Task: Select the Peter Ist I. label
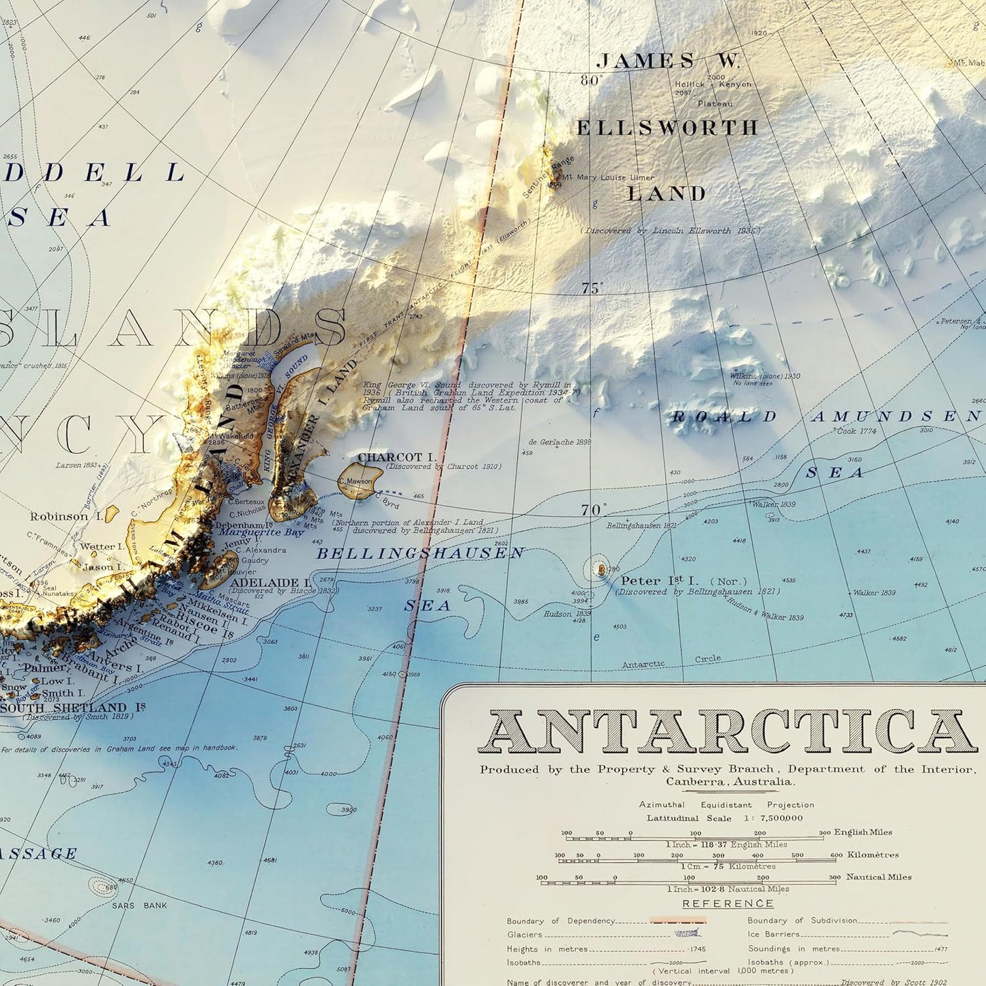pyautogui.click(x=659, y=581)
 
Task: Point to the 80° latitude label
pyautogui.click(x=592, y=81)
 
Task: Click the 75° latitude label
pyautogui.click(x=592, y=289)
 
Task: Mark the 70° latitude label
pyautogui.click(x=593, y=510)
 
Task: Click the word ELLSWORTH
pyautogui.click(x=667, y=128)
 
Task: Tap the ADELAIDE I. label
pyautogui.click(x=270, y=583)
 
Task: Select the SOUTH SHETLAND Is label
pyautogui.click(x=72, y=708)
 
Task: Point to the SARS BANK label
pyautogui.click(x=141, y=905)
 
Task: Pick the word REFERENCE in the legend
pyautogui.click(x=727, y=903)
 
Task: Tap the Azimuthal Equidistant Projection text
pyautogui.click(x=726, y=805)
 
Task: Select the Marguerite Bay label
pyautogui.click(x=261, y=532)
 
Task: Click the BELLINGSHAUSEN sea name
pyautogui.click(x=420, y=553)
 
